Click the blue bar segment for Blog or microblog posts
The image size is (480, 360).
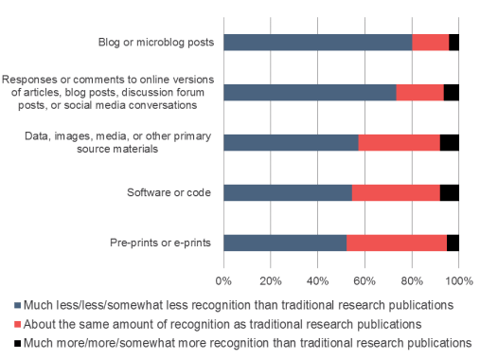pos(318,43)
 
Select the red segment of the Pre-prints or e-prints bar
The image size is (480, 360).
pos(396,242)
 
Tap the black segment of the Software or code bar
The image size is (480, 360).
pos(450,192)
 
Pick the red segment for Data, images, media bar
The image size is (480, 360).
pos(399,142)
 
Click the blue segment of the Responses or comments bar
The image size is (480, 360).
pos(310,92)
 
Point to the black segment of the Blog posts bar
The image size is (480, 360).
pos(453,43)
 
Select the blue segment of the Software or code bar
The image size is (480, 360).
pos(288,192)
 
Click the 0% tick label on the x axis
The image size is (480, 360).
pos(224,280)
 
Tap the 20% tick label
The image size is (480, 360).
pos(271,280)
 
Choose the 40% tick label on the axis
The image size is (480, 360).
pos(318,280)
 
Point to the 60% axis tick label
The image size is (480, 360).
pos(365,280)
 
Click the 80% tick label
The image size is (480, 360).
pos(412,280)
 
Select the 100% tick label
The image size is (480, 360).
pos(459,280)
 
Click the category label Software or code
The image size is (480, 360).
pos(169,193)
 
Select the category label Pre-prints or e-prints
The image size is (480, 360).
pos(159,243)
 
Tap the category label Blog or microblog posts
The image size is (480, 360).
pos(156,43)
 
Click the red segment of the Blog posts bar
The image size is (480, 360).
pos(430,43)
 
